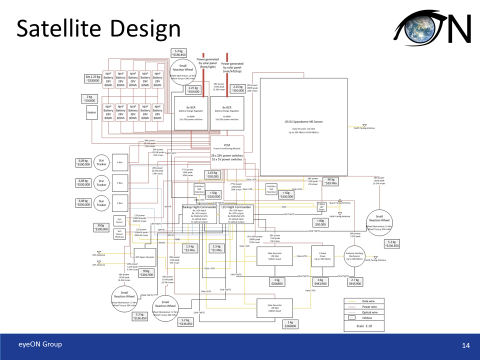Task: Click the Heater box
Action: pyautogui.click(x=91, y=112)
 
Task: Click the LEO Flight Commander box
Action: pyautogui.click(x=235, y=213)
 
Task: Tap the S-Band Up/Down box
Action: pyautogui.click(x=322, y=206)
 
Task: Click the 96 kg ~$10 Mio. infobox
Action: pyautogui.click(x=331, y=181)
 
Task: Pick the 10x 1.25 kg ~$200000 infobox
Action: pyautogui.click(x=92, y=78)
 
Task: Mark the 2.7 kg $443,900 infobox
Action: pyautogui.click(x=355, y=281)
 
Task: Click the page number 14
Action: pyautogui.click(x=466, y=345)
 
